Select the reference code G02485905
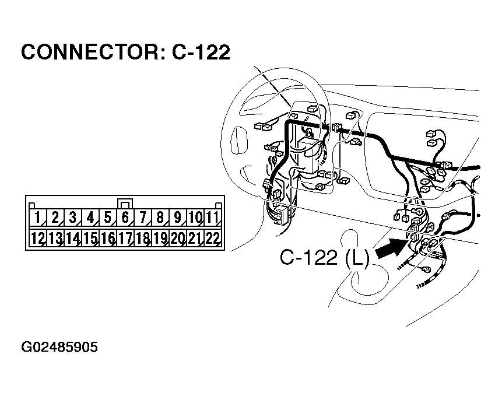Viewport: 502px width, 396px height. coord(59,348)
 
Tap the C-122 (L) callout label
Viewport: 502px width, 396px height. coord(324,257)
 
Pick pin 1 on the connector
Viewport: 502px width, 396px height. coord(37,219)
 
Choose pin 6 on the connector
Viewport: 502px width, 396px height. coord(125,219)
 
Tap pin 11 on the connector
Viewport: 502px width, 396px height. coord(212,219)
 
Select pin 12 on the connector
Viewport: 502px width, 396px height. coord(37,238)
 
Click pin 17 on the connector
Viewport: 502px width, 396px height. coord(125,238)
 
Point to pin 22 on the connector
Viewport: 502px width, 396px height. coord(212,238)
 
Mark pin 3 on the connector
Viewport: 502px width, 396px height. coord(72,219)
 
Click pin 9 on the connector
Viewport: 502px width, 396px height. coord(177,219)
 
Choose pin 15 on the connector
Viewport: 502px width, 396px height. coord(90,238)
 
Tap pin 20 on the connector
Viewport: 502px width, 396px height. coord(177,238)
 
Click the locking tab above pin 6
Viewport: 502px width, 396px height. coord(125,204)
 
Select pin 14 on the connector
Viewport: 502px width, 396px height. coord(72,238)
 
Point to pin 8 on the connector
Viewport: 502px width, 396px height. coord(160,219)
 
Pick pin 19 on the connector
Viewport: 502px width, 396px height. coord(160,238)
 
